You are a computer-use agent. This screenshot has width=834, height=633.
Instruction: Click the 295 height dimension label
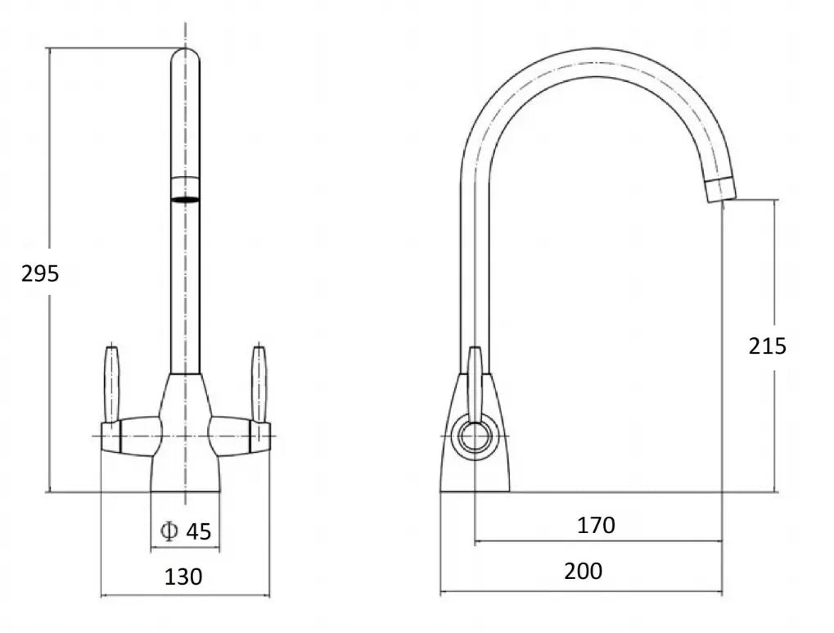40,274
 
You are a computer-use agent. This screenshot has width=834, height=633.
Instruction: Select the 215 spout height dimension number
767,346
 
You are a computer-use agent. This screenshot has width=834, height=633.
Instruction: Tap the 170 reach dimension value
596,525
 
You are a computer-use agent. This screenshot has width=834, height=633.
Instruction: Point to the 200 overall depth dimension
583,571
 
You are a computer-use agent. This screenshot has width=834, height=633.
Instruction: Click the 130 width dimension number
183,576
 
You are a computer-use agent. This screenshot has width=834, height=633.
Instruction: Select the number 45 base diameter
198,531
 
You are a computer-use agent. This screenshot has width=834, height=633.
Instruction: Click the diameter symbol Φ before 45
169,531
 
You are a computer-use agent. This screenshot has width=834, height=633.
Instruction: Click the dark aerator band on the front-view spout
185,198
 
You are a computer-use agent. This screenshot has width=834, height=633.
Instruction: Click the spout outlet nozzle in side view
720,188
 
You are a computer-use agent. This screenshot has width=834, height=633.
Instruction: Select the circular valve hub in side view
474,437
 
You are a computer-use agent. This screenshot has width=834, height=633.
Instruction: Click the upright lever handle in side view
474,381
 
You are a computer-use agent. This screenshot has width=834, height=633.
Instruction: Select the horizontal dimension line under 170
597,541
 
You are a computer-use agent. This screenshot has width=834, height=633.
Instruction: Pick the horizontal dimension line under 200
581,592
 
